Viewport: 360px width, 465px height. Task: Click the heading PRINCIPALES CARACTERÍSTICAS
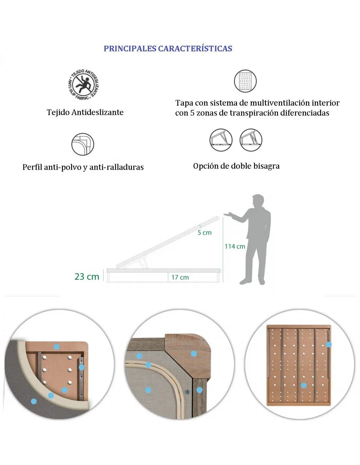click(168, 49)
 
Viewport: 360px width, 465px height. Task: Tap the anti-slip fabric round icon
click(83, 84)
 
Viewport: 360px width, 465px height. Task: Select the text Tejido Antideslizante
click(85, 112)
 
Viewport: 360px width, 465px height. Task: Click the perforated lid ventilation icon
click(245, 81)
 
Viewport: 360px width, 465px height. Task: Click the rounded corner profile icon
click(83, 144)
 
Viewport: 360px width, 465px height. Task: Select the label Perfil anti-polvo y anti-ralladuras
click(83, 167)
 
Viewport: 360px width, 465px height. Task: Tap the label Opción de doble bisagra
click(236, 166)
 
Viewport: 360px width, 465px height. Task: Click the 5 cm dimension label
click(204, 232)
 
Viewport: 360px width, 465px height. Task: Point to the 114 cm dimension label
click(235, 247)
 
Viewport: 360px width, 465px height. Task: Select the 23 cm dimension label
click(87, 277)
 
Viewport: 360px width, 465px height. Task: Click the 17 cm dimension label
click(180, 278)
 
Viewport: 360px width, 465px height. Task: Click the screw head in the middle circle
click(187, 392)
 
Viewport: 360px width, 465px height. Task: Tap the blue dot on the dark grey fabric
click(34, 401)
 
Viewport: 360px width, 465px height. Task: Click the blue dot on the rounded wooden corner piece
click(194, 353)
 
